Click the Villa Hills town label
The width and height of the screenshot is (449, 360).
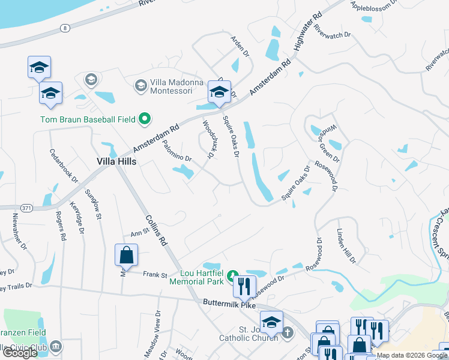coord(116,161)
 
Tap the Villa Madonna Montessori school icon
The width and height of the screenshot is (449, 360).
coord(140,86)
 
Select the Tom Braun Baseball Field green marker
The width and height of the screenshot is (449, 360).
coord(144,119)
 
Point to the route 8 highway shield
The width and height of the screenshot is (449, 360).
coord(65,28)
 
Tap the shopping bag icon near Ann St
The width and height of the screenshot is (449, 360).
coord(127,255)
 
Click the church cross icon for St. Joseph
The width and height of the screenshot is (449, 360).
coord(288,332)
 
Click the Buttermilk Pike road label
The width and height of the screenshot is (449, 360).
coord(231,305)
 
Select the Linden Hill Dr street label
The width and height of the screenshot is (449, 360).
coord(346,247)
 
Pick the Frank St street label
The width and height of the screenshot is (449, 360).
coord(155,275)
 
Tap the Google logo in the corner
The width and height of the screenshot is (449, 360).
coord(20,353)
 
